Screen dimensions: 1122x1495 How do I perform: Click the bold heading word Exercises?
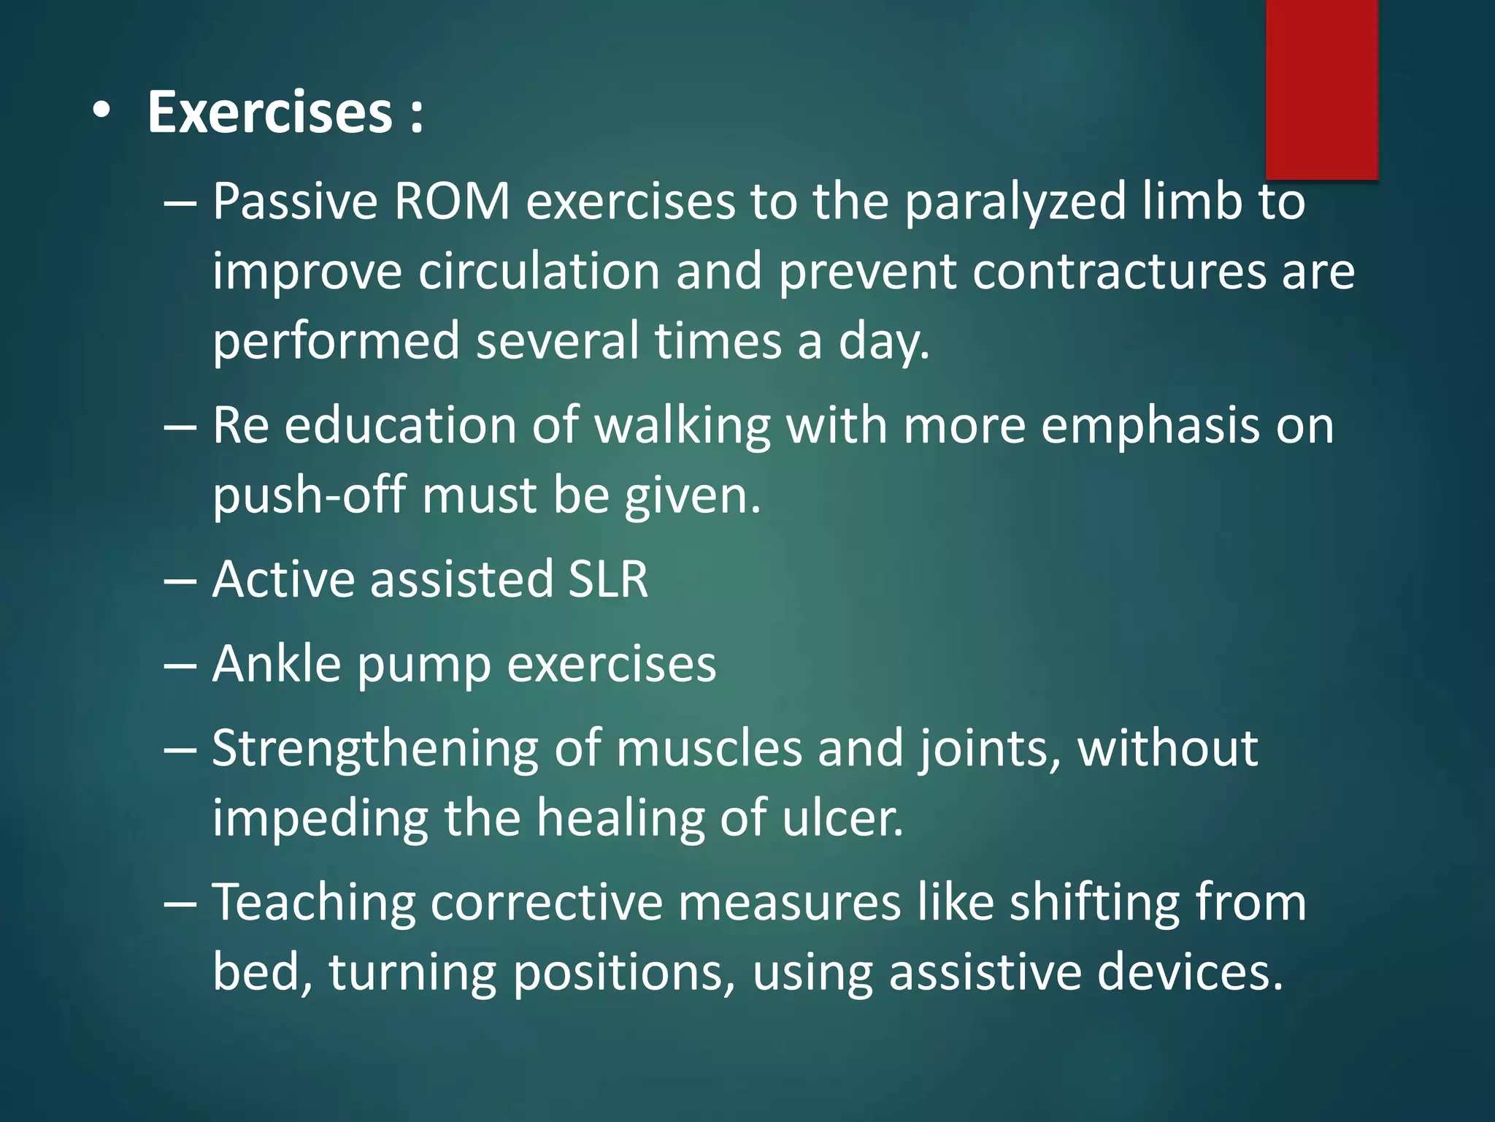click(x=270, y=112)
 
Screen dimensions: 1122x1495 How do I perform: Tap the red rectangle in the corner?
click(x=1321, y=88)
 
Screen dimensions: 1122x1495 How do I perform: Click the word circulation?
click(x=539, y=271)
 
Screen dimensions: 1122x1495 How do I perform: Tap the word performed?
click(x=336, y=341)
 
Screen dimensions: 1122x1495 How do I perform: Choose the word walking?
click(x=683, y=426)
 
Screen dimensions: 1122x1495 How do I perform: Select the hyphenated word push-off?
click(x=309, y=496)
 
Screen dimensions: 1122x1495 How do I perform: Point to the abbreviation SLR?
click(x=608, y=579)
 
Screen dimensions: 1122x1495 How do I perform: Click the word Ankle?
click(x=277, y=664)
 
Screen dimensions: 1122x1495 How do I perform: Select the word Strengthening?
click(x=375, y=749)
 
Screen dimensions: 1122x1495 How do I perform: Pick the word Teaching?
click(x=313, y=904)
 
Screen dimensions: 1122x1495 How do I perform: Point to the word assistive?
click(x=985, y=972)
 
